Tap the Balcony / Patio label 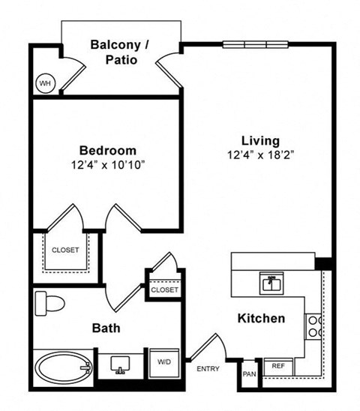click(120, 52)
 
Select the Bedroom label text click(108, 150)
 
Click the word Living click(260, 140)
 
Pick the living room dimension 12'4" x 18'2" click(260, 155)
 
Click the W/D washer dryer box click(163, 361)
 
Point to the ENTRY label click(208, 368)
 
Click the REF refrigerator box click(277, 366)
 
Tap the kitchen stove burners click(315, 325)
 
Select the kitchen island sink click(271, 283)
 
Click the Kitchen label click(260, 319)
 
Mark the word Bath click(106, 328)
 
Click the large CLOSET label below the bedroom click(65, 250)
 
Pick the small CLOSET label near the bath click(164, 289)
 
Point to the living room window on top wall click(256, 44)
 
